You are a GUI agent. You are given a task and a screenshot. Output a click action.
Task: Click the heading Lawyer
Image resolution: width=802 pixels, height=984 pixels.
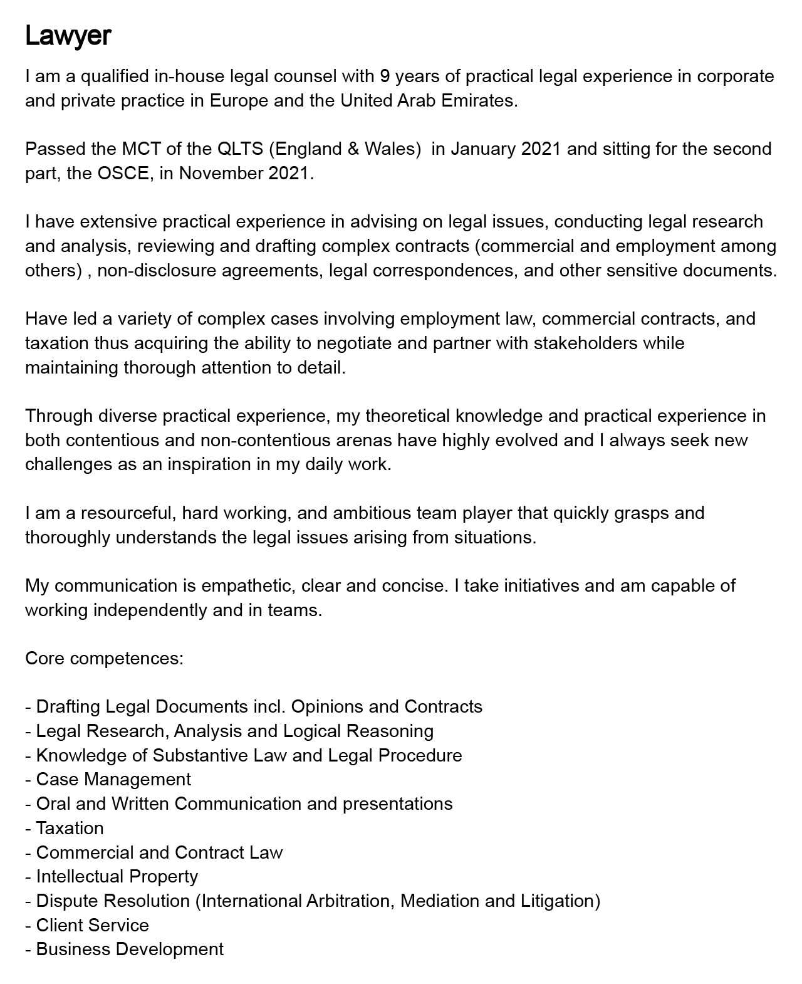68,36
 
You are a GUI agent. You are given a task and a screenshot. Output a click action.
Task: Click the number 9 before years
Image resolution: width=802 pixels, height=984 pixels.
385,76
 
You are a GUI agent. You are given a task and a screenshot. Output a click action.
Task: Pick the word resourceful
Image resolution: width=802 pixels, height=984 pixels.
128,513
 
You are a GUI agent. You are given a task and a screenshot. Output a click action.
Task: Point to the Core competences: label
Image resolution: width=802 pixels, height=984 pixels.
104,659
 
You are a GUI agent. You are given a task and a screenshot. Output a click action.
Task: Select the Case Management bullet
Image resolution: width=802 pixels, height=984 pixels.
113,780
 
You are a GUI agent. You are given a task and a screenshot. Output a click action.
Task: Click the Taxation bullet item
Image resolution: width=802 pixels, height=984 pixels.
70,829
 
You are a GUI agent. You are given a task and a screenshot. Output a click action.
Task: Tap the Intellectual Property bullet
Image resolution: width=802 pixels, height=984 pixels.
117,877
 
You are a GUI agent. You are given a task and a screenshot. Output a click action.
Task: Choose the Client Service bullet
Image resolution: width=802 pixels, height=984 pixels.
92,926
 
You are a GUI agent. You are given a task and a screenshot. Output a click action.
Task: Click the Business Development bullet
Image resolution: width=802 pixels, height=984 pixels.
129,950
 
